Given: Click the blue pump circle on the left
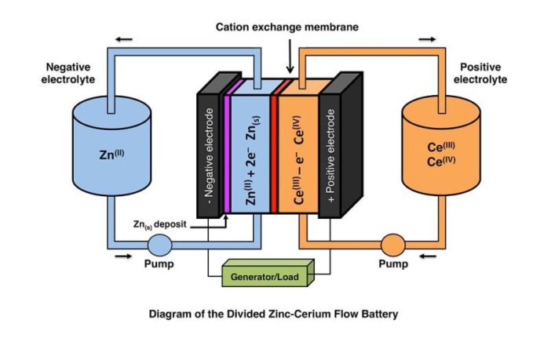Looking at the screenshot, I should pyautogui.click(x=159, y=245).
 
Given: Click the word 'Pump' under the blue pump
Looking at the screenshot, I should pyautogui.click(x=159, y=264).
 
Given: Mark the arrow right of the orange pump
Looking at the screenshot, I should pyautogui.click(x=429, y=254).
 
